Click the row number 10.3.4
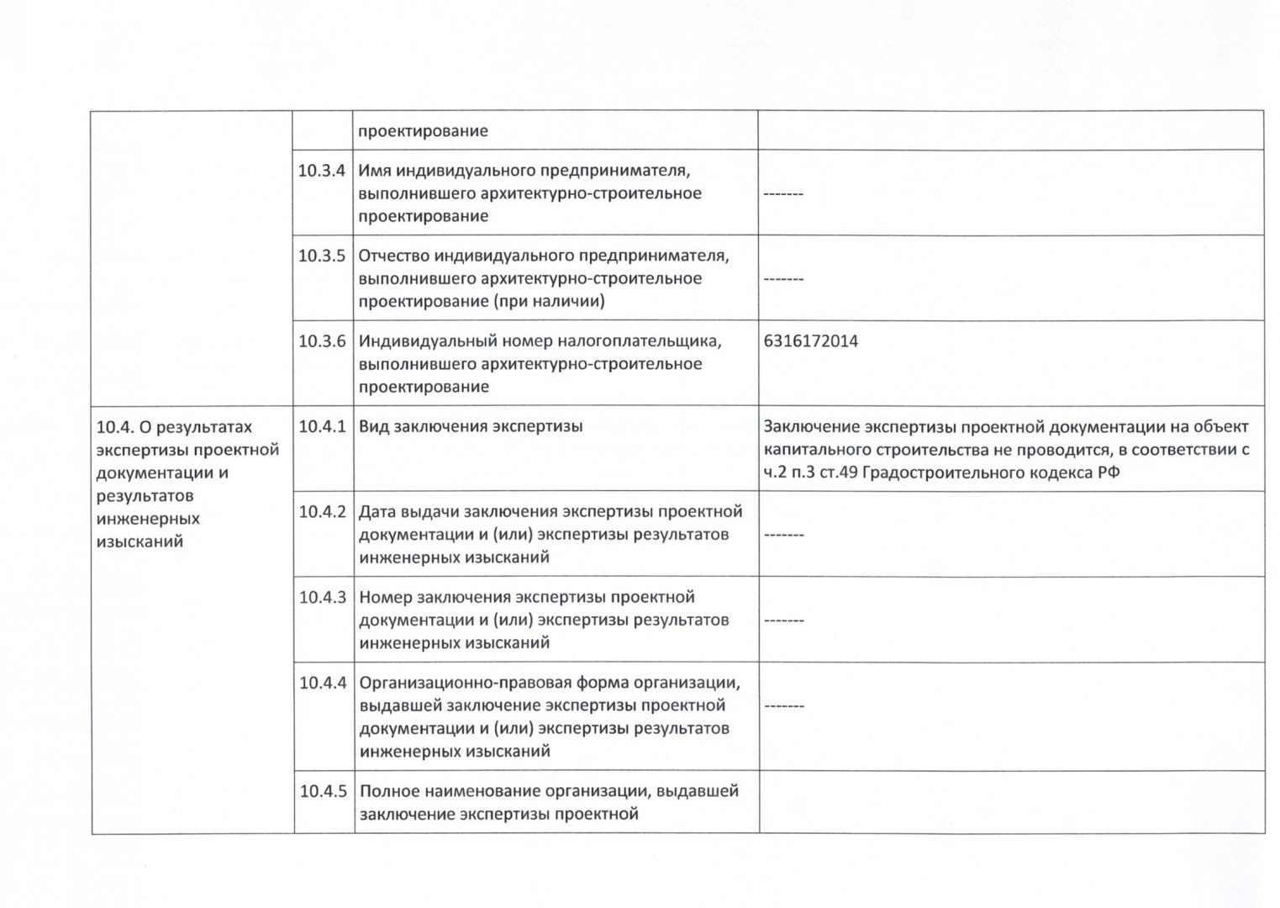point(322,171)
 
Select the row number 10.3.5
point(322,256)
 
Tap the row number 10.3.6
point(322,341)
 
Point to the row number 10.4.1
point(323,426)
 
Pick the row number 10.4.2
point(323,511)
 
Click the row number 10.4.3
point(323,597)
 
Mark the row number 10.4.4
point(323,682)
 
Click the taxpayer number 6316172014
point(811,341)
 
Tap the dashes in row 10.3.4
point(783,194)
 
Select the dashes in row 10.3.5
point(783,279)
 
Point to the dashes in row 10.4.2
point(783,535)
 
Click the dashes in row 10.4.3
point(783,620)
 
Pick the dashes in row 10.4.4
point(783,706)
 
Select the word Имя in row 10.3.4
point(375,171)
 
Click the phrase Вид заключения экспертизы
point(471,426)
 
